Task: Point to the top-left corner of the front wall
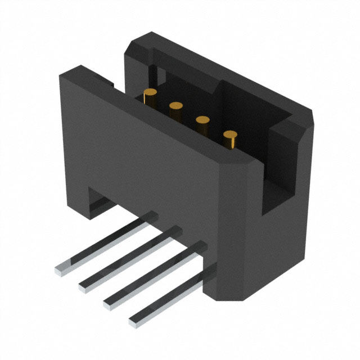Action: coord(61,74)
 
